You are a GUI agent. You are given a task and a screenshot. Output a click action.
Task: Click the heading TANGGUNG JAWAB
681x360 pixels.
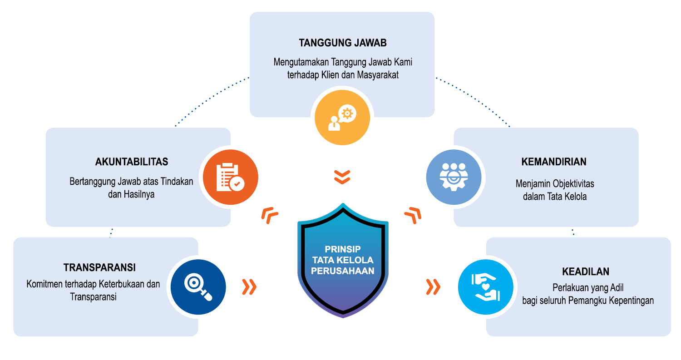click(x=342, y=43)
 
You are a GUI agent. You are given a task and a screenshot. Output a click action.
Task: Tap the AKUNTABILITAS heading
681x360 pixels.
click(x=132, y=162)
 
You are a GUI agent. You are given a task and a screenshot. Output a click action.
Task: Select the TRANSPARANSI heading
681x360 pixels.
click(x=99, y=267)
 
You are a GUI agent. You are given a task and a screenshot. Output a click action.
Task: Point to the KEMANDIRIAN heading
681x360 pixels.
click(x=554, y=162)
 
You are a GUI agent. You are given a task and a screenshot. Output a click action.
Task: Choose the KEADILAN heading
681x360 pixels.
click(x=585, y=272)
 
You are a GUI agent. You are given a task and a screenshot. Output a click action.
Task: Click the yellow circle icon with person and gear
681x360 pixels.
click(x=342, y=118)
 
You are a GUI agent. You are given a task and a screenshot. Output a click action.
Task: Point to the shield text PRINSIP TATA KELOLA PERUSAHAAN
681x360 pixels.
click(x=343, y=260)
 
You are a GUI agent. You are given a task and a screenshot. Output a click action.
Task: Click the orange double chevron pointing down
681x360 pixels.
click(x=342, y=177)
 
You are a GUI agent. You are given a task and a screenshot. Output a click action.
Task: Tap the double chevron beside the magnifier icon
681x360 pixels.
click(x=249, y=286)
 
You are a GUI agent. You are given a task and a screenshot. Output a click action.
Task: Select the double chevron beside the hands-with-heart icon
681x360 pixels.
click(x=434, y=286)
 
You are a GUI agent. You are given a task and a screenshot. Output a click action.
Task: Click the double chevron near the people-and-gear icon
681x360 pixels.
click(x=413, y=215)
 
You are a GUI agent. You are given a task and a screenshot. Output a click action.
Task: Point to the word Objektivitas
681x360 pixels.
click(x=573, y=184)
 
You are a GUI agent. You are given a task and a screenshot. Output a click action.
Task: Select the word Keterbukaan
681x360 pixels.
click(x=123, y=285)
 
